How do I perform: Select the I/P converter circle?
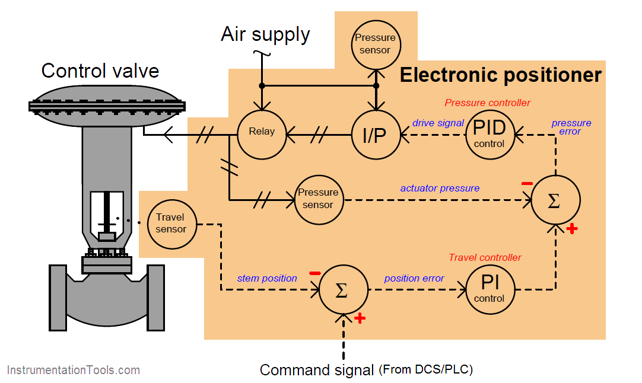click(374, 135)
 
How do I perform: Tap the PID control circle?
click(490, 135)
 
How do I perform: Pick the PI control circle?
click(490, 289)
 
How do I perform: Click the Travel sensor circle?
click(171, 224)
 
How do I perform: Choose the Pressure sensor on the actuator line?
click(319, 199)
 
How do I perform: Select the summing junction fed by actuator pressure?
click(555, 200)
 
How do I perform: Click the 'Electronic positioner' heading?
click(500, 75)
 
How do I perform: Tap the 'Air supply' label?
click(265, 34)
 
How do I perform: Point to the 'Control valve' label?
click(100, 71)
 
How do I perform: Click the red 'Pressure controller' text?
click(487, 103)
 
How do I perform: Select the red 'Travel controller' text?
click(485, 257)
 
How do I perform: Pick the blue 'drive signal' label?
click(438, 123)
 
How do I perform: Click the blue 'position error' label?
click(414, 278)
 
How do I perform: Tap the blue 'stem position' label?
click(267, 278)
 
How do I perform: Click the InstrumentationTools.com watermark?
click(74, 371)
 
